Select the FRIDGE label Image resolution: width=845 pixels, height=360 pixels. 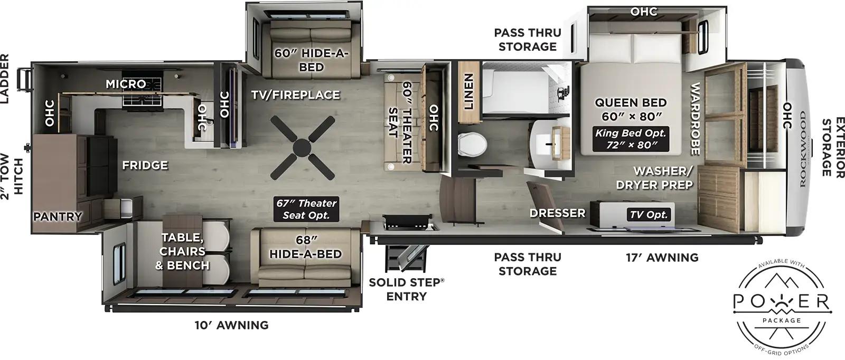click(145, 166)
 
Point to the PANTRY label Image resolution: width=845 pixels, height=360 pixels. click(58, 216)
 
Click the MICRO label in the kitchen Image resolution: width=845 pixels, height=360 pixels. click(126, 84)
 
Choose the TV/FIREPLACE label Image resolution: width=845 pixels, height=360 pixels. click(295, 95)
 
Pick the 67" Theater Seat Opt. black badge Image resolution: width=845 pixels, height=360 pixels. click(306, 209)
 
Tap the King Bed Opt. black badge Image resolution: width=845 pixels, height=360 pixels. click(631, 139)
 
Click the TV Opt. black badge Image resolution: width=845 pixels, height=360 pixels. click(649, 215)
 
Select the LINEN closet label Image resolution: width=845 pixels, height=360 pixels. click(468, 91)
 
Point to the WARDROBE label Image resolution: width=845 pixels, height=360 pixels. click(694, 119)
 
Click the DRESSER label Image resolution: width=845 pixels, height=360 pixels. click(558, 213)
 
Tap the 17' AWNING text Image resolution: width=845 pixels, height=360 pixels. click(662, 258)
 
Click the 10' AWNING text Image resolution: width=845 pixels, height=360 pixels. click(232, 325)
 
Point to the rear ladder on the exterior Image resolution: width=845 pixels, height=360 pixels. click(24, 79)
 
